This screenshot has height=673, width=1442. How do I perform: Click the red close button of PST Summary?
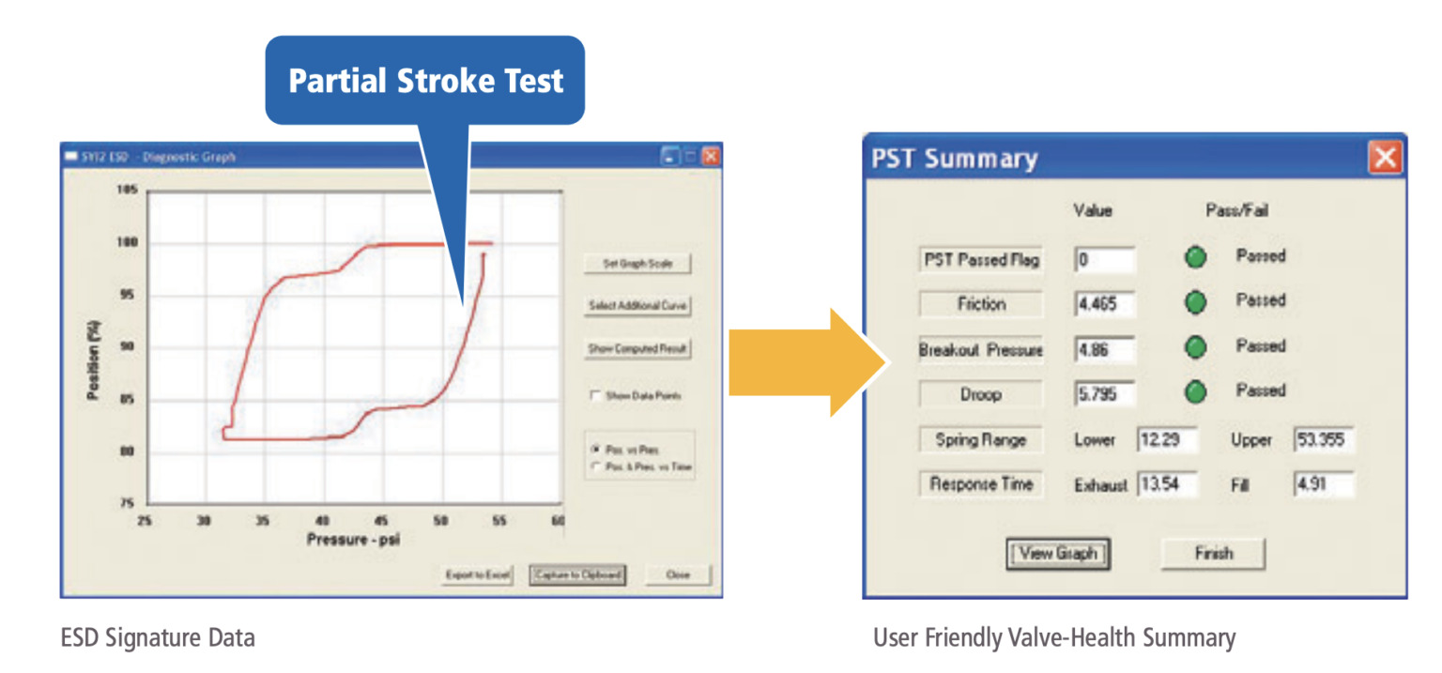click(x=1385, y=158)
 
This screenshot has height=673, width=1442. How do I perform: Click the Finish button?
click(x=1213, y=554)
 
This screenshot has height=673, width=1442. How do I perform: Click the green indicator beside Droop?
click(x=1195, y=392)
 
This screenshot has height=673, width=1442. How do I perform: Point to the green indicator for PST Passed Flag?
click(x=1195, y=257)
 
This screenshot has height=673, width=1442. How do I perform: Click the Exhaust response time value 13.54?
click(x=1168, y=485)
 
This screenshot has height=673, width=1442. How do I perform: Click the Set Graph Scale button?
click(x=637, y=265)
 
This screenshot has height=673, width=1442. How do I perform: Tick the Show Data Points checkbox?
click(x=595, y=396)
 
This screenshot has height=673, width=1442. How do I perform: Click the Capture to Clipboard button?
click(x=577, y=574)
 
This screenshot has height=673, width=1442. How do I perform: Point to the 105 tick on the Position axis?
click(x=127, y=191)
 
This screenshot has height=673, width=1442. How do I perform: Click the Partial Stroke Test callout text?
click(x=425, y=81)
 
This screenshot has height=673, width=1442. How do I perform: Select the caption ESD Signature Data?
click(x=158, y=639)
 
